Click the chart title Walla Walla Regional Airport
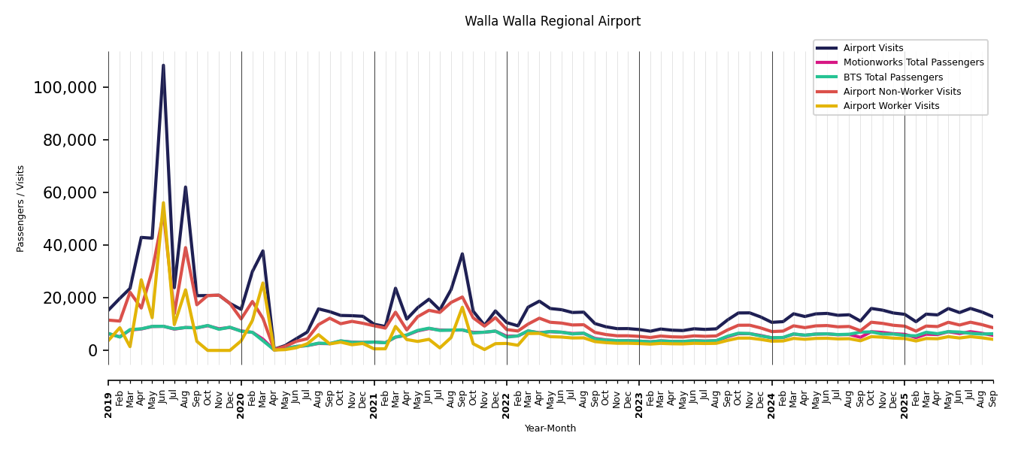553,22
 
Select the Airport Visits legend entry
873,48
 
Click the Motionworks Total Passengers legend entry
913,62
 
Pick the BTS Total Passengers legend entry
892,77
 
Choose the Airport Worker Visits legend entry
891,106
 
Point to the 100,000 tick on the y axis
65,88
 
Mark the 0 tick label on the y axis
92,351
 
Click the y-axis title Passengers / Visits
21,208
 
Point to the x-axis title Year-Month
550,428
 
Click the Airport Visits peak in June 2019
163,65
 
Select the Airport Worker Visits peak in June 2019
163,202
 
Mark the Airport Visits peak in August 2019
186,187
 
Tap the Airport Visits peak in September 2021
462,253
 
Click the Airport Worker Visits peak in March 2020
262,283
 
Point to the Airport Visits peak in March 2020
262,251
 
